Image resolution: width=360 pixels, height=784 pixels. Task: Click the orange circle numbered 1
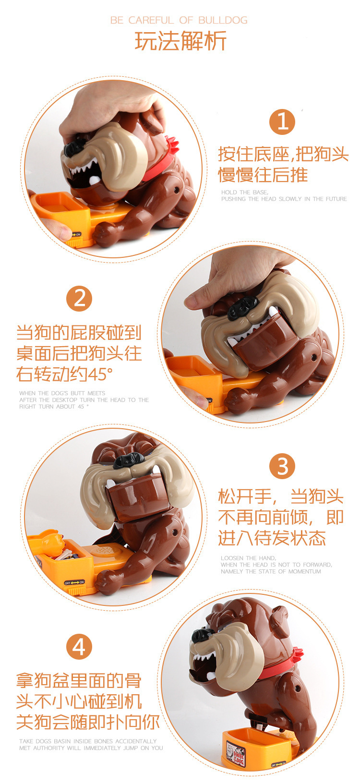282,122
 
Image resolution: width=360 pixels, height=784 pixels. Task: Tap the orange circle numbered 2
79,299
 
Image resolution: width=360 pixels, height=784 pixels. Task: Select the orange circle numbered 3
282,466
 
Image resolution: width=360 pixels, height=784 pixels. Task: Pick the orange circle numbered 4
79,646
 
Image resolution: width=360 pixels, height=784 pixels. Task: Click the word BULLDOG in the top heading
223,20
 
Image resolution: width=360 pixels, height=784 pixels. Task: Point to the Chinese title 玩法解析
180,41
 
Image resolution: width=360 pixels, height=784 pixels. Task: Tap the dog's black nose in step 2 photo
242,307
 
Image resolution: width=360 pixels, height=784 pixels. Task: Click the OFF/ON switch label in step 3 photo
74,582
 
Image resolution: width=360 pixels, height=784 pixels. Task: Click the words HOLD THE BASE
244,192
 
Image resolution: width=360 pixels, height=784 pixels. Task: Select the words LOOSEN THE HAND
248,558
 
